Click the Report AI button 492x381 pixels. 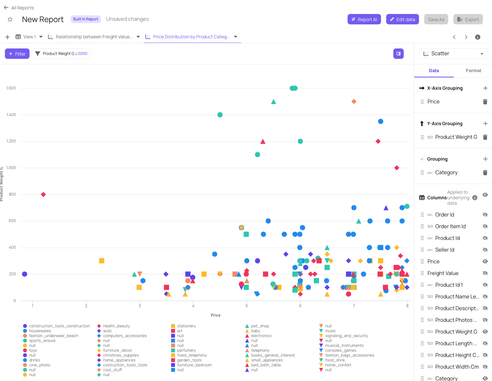(364, 20)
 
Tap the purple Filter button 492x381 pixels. (17, 54)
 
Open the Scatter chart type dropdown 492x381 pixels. (453, 54)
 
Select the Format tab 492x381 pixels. (473, 71)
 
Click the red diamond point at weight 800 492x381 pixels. (43, 194)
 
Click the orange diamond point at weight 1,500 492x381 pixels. (354, 101)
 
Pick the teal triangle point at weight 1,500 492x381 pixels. (274, 102)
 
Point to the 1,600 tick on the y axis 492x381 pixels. (11, 88)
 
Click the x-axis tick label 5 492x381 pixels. (247, 306)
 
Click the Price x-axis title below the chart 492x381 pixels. (215, 315)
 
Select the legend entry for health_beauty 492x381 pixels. (116, 326)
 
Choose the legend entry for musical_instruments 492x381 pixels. (344, 346)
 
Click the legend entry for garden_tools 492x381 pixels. (189, 360)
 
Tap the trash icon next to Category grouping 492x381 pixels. (485, 173)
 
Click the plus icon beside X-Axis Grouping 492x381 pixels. (485, 88)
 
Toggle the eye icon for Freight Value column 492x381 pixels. (485, 273)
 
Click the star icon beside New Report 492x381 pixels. (10, 20)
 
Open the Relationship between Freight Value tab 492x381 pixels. (94, 37)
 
